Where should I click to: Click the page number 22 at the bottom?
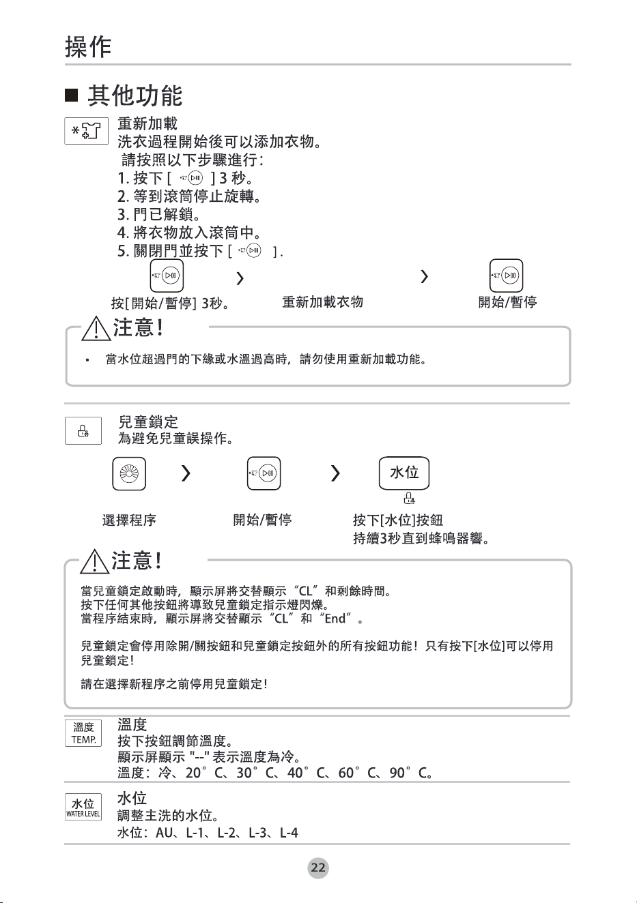click(x=318, y=868)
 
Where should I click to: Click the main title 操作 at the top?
click(x=88, y=47)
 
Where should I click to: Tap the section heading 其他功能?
click(x=135, y=96)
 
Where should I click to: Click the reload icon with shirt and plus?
click(x=87, y=131)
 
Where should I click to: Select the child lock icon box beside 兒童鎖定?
click(x=83, y=430)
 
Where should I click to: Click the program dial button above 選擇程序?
click(x=129, y=474)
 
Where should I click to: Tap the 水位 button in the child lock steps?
click(x=404, y=473)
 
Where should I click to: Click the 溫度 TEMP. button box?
click(x=83, y=733)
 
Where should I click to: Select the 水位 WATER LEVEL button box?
click(x=83, y=807)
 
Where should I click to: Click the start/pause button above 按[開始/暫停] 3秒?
click(x=167, y=276)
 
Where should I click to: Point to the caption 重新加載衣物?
click(x=322, y=302)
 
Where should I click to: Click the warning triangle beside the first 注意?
click(x=96, y=328)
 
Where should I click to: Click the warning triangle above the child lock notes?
click(x=94, y=561)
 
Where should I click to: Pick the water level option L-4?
click(x=289, y=833)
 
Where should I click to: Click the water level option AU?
click(x=165, y=833)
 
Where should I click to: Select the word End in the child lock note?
click(x=335, y=619)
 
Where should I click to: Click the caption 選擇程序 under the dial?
click(x=129, y=520)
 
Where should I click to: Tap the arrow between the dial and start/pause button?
click(x=186, y=473)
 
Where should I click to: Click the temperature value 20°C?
click(x=205, y=773)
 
